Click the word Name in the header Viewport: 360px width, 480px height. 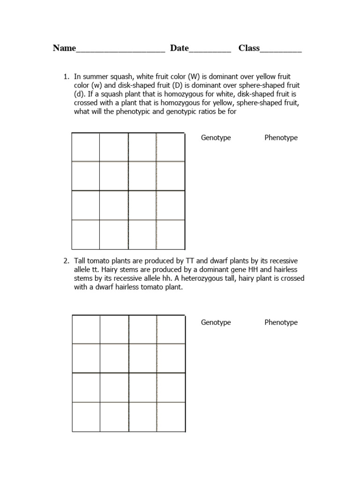[x=64, y=48]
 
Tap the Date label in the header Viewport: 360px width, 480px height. [x=179, y=48]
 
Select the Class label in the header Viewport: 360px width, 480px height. [x=249, y=48]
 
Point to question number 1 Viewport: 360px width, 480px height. [x=66, y=76]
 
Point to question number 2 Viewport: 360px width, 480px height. [x=66, y=261]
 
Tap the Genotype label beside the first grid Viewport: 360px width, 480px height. [x=216, y=138]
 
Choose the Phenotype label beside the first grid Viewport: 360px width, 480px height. [x=281, y=138]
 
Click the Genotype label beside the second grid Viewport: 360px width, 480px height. [x=216, y=322]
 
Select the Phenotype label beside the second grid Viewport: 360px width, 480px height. [x=281, y=322]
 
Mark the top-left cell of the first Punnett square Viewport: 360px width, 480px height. [x=86, y=147]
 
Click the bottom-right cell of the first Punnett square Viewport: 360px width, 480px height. [x=171, y=234]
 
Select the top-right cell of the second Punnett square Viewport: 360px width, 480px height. [x=171, y=330]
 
